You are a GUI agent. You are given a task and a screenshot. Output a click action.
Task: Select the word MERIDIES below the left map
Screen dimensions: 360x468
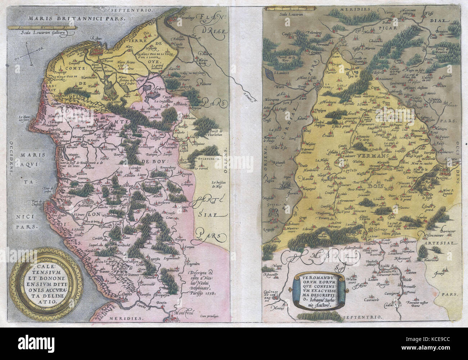[129, 319]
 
